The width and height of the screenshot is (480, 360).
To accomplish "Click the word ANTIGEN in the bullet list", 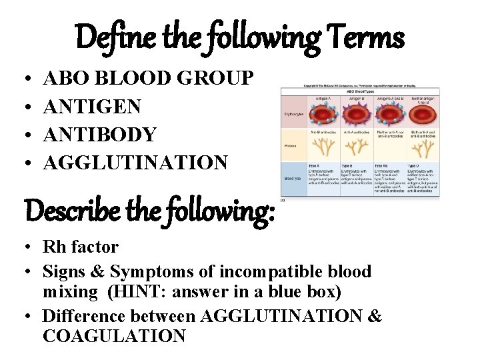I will (x=92, y=106).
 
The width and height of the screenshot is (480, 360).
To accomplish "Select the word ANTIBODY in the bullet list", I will (x=99, y=134).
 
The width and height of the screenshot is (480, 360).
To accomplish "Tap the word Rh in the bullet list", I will (x=53, y=247).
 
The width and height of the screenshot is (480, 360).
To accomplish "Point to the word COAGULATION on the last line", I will (x=114, y=336).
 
